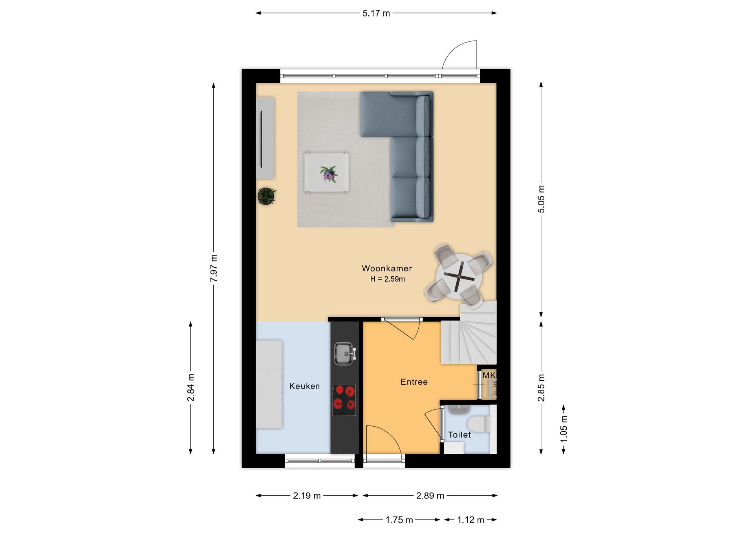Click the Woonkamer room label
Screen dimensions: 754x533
[387, 268]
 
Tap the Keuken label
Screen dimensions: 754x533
[304, 386]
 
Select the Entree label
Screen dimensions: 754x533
[414, 382]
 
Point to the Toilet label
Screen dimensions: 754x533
[459, 435]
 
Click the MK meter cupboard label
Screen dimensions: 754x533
[489, 375]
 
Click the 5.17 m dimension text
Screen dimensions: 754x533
[376, 13]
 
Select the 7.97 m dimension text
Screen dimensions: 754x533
[214, 268]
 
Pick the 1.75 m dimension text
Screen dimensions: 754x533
[399, 520]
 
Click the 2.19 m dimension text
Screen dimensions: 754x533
[307, 496]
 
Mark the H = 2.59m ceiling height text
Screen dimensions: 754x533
[388, 279]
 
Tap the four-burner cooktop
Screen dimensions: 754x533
[344, 400]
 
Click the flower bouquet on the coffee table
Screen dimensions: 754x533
[329, 174]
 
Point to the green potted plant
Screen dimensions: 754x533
[267, 196]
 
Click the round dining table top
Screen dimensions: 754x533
[459, 277]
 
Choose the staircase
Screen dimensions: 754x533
[470, 334]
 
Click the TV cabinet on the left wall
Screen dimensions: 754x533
[265, 138]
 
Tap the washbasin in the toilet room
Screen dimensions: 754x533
[459, 410]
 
